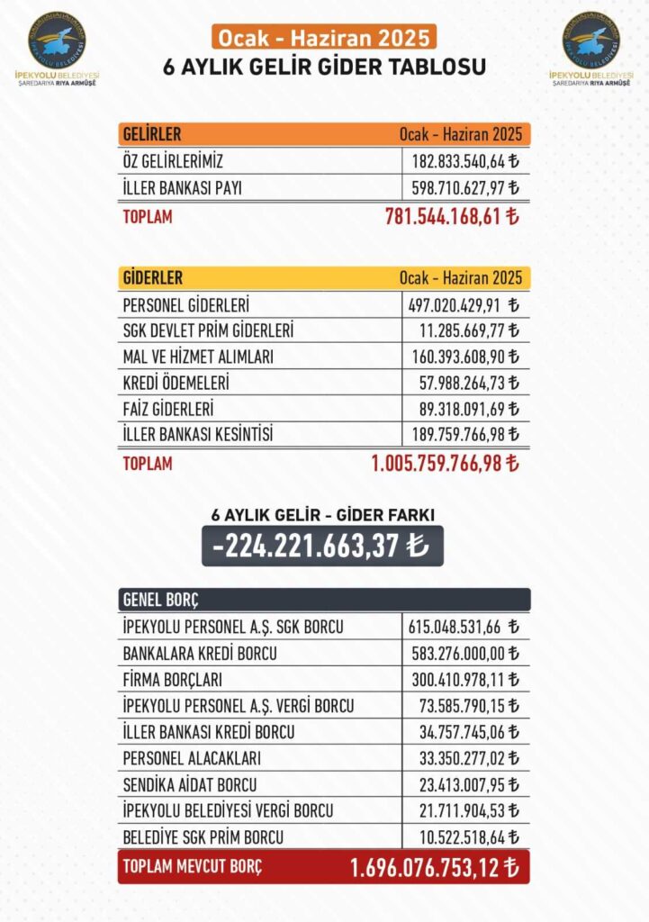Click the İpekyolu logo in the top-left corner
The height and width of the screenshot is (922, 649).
[x=58, y=41]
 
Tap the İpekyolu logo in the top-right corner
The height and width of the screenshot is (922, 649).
[x=590, y=41]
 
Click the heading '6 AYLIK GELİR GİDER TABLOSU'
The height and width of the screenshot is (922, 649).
[x=324, y=68]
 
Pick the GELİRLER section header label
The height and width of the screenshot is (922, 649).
[x=151, y=135]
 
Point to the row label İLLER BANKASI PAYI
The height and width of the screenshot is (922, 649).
[x=181, y=188]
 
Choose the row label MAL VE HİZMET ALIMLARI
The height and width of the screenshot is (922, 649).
[x=197, y=357]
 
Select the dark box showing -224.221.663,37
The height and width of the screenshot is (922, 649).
[x=322, y=546]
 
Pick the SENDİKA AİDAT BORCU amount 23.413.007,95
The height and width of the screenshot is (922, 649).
[x=466, y=785]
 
